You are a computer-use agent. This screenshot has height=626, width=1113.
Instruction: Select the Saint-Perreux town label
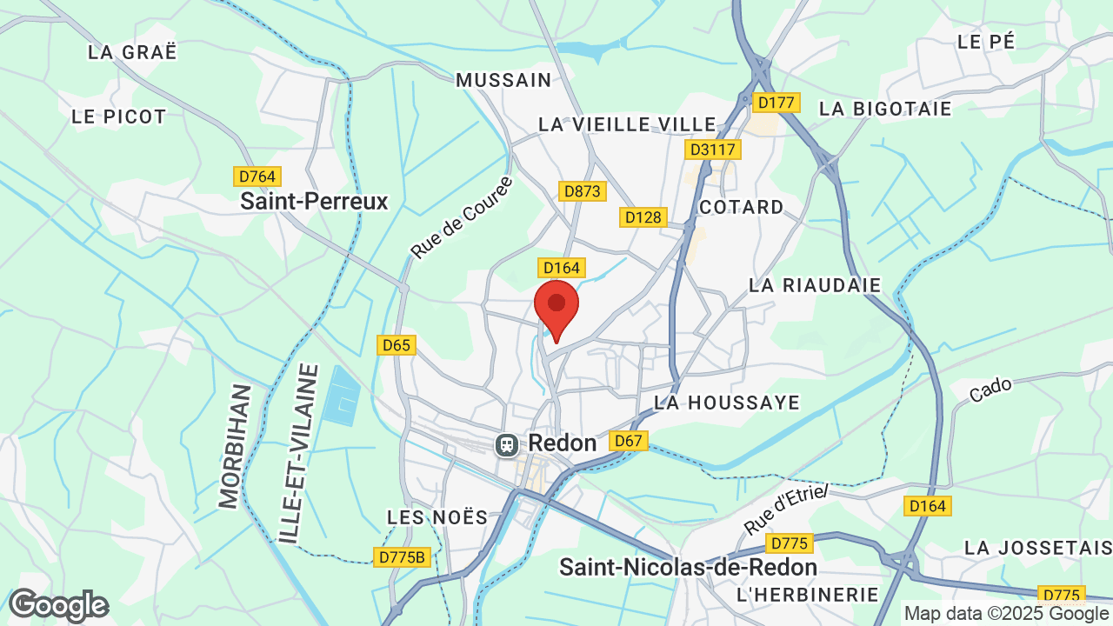pyautogui.click(x=314, y=202)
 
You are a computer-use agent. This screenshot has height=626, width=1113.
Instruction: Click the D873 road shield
pyautogui.click(x=582, y=190)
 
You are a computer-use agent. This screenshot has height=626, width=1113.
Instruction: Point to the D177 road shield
pyautogui.click(x=776, y=103)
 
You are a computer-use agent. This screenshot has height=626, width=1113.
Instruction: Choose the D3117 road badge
pyautogui.click(x=713, y=150)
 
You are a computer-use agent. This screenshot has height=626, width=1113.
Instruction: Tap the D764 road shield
pyautogui.click(x=257, y=176)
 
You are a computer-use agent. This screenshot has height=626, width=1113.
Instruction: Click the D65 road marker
pyautogui.click(x=397, y=345)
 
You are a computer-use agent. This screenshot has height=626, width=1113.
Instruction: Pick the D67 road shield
pyautogui.click(x=628, y=441)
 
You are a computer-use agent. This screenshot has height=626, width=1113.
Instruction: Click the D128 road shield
pyautogui.click(x=643, y=216)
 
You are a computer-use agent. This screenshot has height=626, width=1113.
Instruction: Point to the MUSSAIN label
pyautogui.click(x=503, y=80)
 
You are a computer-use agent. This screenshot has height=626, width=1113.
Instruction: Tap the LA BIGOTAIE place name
pyautogui.click(x=885, y=109)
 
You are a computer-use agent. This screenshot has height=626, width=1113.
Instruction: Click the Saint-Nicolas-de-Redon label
pyautogui.click(x=688, y=568)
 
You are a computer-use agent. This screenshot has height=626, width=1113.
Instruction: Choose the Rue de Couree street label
pyautogui.click(x=462, y=217)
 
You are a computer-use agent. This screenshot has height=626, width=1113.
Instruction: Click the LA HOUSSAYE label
pyautogui.click(x=726, y=403)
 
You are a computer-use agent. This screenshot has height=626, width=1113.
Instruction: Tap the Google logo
pyautogui.click(x=58, y=605)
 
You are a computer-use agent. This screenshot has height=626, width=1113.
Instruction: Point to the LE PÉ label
pyautogui.click(x=985, y=41)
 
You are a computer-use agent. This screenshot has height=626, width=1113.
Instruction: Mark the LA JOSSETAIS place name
pyautogui.click(x=1037, y=548)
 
